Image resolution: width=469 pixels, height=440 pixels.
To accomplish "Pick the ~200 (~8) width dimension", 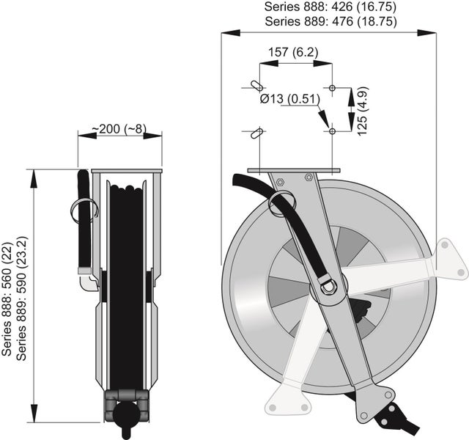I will click(x=119, y=129).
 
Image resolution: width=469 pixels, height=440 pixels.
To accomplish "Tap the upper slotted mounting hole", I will click(x=253, y=86).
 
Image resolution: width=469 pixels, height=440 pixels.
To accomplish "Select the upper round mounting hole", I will click(x=333, y=88).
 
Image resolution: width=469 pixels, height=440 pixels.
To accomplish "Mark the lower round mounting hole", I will click(x=333, y=131).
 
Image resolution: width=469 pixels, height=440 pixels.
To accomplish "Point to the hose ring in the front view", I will click(x=283, y=203).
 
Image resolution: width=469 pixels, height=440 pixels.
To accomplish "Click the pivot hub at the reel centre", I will click(x=327, y=286).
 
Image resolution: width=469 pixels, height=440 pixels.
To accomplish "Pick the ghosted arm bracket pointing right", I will click(x=410, y=268).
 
